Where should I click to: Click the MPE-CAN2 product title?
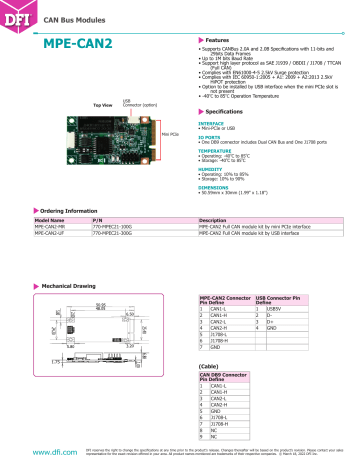tap(77, 45)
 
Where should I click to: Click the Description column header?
tap(216, 220)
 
